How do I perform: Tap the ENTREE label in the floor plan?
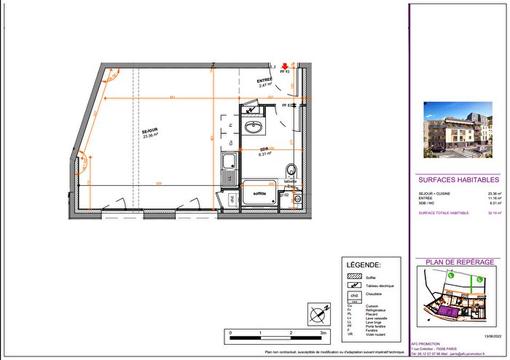pos(264,82)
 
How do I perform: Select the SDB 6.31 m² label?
pos(264,152)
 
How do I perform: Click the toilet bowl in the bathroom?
pos(291,171)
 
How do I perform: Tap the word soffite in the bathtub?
pos(259,194)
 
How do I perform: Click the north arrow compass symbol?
pos(318,314)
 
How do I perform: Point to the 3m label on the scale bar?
pos(322,332)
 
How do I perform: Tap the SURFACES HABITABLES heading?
pos(458,179)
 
